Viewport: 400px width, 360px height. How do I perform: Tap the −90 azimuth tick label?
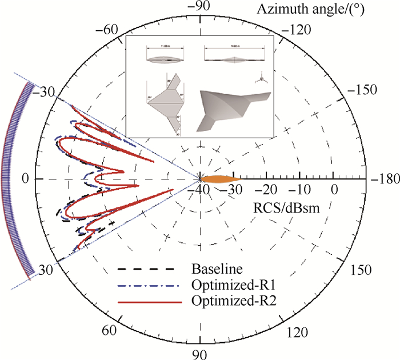(x=200, y=7)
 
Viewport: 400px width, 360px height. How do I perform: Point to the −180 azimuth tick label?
(x=384, y=179)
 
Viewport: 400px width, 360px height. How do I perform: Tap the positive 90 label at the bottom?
(x=201, y=353)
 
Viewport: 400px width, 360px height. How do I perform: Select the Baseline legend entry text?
(x=214, y=268)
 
